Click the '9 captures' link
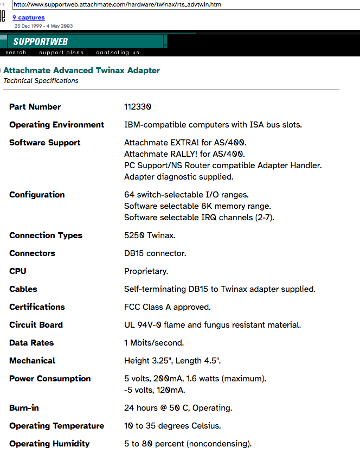[x=29, y=18]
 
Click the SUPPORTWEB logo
[x=40, y=42]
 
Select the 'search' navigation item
[x=16, y=53]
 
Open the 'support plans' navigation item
[x=61, y=53]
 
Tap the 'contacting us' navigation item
[x=118, y=53]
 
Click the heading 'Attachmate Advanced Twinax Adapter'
[x=82, y=71]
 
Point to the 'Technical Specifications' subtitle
[x=41, y=81]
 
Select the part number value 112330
[x=138, y=107]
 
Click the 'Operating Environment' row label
[x=56, y=125]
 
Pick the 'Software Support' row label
[x=44, y=143]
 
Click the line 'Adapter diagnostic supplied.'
[x=178, y=177]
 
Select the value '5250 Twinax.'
[x=150, y=235]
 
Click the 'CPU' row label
[x=18, y=271]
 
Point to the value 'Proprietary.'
[x=146, y=271]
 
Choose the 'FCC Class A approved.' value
[x=167, y=307]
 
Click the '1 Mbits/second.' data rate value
[x=154, y=343]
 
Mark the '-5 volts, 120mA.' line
[x=155, y=390]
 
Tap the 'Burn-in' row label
[x=24, y=408]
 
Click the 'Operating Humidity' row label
[x=49, y=444]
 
